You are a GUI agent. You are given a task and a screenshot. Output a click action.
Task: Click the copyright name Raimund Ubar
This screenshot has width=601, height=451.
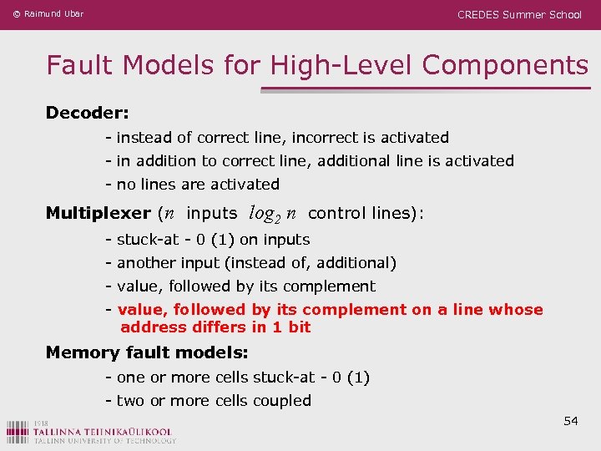(53, 14)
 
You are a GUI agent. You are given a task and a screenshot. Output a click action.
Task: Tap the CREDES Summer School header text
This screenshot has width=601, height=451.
(519, 14)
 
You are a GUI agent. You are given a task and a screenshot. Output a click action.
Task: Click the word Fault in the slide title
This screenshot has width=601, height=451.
(76, 64)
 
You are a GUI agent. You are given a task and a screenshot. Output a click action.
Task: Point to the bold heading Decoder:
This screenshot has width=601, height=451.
(87, 112)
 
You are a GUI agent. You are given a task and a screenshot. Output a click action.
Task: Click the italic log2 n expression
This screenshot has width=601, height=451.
(273, 214)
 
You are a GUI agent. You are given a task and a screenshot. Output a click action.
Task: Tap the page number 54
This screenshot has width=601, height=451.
(571, 421)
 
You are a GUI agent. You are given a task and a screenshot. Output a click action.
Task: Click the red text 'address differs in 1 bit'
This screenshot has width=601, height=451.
(215, 327)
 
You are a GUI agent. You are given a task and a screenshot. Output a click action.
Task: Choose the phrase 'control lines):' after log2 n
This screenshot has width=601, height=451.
(366, 213)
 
